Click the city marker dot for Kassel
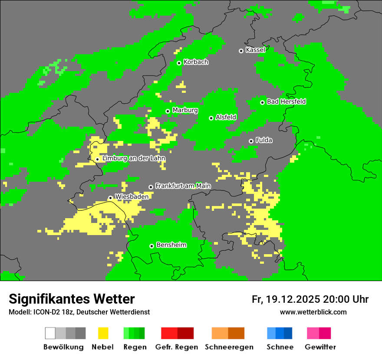coord(241,51)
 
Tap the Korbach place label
coord(196,62)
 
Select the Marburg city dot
coord(168,111)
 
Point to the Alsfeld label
coord(226,117)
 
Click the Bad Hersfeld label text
coord(286,101)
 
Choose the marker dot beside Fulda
coord(251,141)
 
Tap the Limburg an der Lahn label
coord(134,158)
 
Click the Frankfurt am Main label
coord(183,186)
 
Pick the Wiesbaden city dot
coord(110,198)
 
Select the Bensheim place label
coord(171,245)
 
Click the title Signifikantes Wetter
coord(72,299)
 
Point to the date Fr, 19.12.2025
coord(286,299)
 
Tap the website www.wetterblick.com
coord(313,312)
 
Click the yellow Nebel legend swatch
coord(103,333)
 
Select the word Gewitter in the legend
coord(320,347)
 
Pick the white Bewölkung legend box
coord(50,333)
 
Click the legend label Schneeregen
coord(229,347)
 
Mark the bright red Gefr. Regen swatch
coord(169,333)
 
